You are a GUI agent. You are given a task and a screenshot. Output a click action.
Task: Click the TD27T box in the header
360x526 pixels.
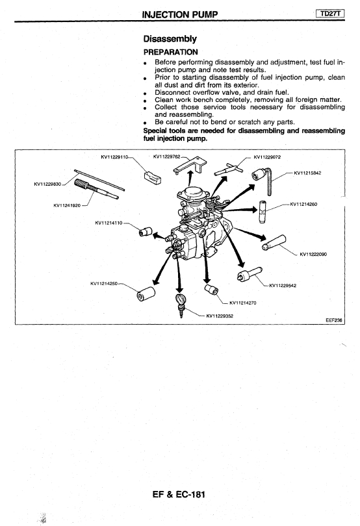point(330,14)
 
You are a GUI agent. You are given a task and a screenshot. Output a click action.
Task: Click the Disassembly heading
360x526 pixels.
point(170,39)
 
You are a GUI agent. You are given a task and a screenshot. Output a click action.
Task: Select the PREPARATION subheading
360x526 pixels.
point(171,52)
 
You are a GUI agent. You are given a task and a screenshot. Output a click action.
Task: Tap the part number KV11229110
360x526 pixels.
point(114,157)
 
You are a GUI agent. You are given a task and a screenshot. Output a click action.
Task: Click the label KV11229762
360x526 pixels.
point(166,157)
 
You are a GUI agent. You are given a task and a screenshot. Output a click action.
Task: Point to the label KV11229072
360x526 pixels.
point(267,157)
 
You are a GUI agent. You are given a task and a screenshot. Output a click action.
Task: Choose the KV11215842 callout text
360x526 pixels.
point(307,173)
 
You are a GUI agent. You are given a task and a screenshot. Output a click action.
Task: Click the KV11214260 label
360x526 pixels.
point(303,204)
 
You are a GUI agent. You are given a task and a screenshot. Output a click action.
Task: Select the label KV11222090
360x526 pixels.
point(313,254)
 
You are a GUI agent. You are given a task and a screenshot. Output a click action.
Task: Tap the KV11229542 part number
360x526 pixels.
point(283,286)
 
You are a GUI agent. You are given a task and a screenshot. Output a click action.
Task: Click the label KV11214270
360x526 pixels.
point(243,303)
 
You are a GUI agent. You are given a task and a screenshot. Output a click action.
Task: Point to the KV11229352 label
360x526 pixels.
point(220,316)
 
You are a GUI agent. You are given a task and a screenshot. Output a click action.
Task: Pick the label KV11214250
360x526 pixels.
point(104,284)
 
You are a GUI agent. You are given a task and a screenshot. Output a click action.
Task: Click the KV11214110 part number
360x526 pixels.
point(109,223)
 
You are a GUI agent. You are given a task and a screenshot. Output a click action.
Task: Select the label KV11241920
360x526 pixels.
point(67,205)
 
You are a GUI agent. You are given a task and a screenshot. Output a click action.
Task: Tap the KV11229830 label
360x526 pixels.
point(47,184)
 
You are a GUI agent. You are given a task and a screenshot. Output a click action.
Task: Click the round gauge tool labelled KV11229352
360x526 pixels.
point(181,299)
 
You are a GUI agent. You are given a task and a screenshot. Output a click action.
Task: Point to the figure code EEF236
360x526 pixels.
point(334,320)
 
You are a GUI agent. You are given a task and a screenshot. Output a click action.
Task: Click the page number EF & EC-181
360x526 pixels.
point(179,494)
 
